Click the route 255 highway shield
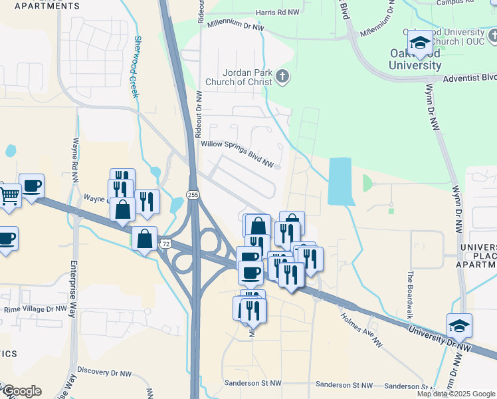pyautogui.click(x=193, y=194)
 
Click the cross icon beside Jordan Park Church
pyautogui.click(x=282, y=76)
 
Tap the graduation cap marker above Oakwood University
pyautogui.click(x=419, y=43)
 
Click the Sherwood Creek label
pyautogui.click(x=136, y=66)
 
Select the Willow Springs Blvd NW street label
pyautogui.click(x=238, y=153)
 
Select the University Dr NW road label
pyautogui.click(x=439, y=340)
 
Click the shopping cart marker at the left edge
pyautogui.click(x=9, y=196)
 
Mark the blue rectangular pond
pyautogui.click(x=340, y=182)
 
